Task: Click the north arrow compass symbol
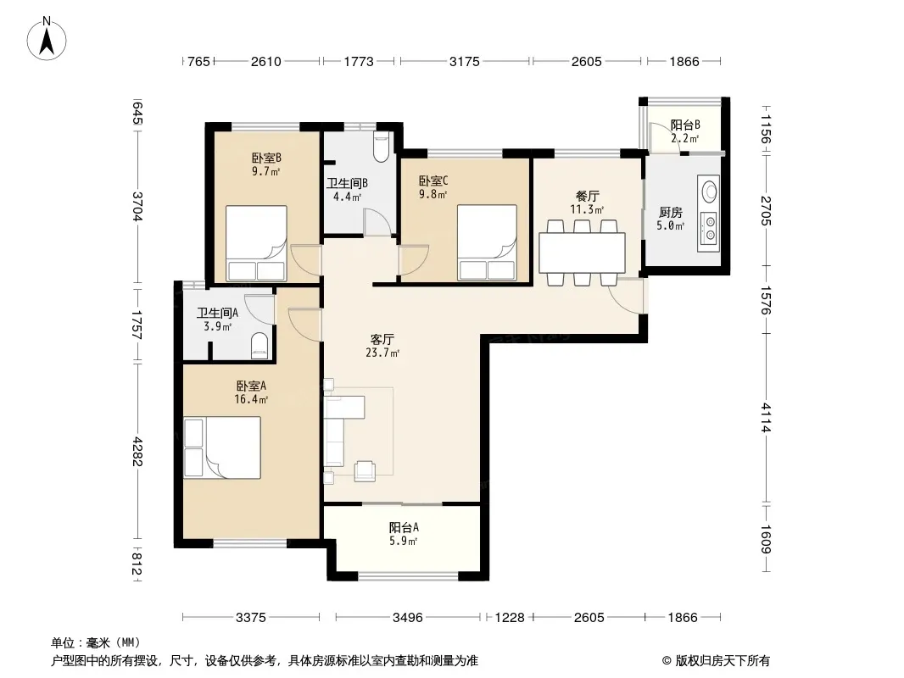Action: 47,38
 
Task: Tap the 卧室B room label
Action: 265,158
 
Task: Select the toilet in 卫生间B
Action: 381,147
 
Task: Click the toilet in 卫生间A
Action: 260,346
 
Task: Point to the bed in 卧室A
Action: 222,447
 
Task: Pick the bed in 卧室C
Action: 487,242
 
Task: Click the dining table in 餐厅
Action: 583,253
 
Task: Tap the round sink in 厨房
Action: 709,190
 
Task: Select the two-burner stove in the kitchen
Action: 709,227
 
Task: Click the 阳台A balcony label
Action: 404,527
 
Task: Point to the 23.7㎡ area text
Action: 382,353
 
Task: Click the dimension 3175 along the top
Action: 464,61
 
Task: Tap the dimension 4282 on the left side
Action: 137,451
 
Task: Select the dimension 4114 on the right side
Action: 766,417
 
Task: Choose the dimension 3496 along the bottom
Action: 408,618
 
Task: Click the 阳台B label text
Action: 685,125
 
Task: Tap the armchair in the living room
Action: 365,470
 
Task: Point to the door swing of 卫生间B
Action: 377,221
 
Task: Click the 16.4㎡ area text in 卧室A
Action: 251,399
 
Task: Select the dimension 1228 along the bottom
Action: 510,618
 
